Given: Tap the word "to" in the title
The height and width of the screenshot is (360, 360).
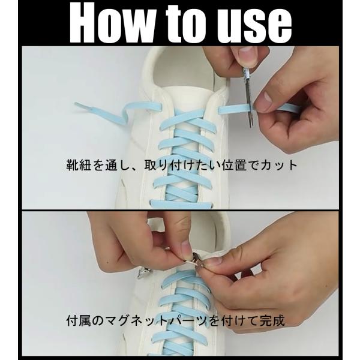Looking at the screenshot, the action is click(182, 23).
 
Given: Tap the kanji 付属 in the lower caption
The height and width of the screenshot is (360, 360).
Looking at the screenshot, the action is click(79, 320).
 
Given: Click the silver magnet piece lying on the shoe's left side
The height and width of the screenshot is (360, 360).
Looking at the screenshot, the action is click(142, 274).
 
